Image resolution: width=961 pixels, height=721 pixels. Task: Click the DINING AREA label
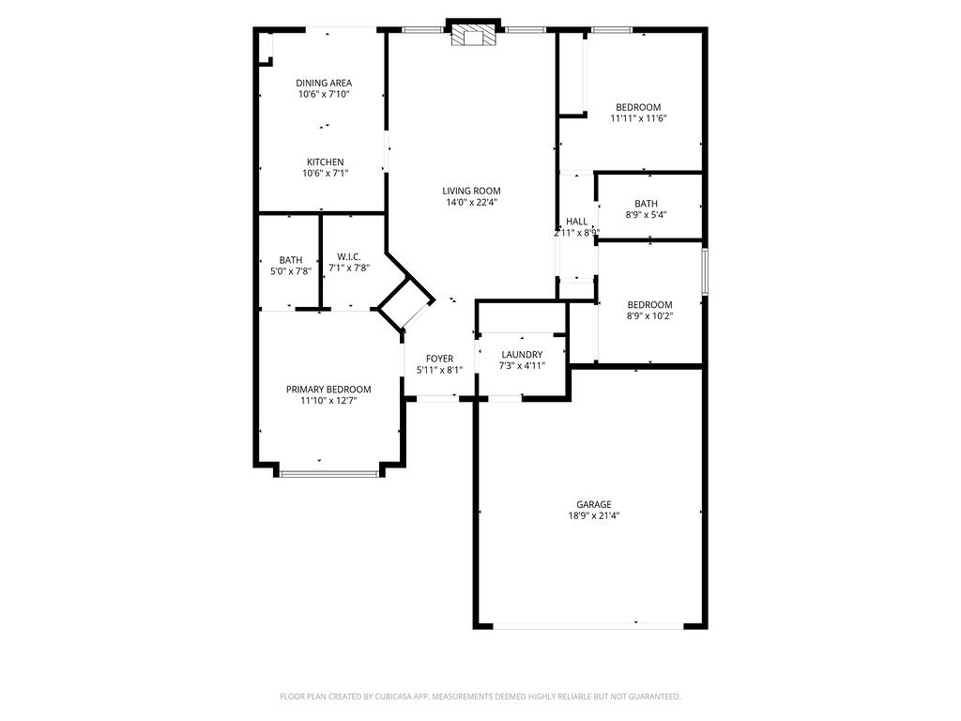324,83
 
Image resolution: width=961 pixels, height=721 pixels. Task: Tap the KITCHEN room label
325,161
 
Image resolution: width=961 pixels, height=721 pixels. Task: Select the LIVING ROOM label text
471,191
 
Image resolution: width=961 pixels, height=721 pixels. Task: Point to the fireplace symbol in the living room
473,36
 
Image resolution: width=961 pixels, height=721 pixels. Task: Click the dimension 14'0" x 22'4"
471,203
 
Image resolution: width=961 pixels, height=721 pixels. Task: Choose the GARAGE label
593,504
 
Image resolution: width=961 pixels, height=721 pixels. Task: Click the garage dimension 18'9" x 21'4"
593,515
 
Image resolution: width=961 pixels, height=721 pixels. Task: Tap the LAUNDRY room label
522,354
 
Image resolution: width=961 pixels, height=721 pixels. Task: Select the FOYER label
439,359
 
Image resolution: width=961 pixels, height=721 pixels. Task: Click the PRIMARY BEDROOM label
328,390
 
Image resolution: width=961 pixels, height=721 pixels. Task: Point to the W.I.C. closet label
349,256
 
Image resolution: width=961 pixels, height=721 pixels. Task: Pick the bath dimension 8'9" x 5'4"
646,215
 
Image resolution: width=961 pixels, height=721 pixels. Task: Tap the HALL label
576,222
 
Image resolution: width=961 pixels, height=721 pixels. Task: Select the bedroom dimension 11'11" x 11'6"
638,118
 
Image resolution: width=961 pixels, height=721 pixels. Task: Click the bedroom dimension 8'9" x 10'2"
649,315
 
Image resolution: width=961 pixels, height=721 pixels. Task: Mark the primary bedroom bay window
329,473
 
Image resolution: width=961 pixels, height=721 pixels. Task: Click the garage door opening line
588,626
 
